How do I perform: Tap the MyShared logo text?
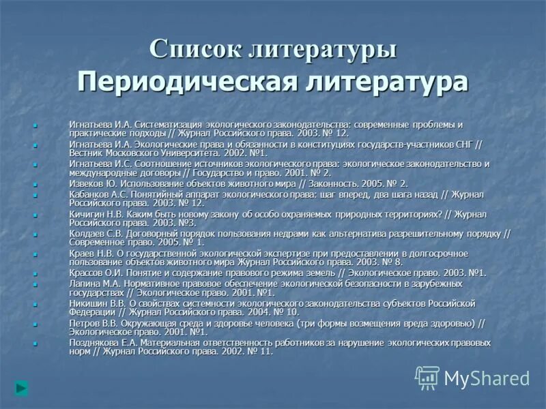tap(487, 378)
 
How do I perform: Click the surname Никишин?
tap(87, 303)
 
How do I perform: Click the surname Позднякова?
tap(92, 342)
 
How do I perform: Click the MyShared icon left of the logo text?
tap(427, 378)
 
